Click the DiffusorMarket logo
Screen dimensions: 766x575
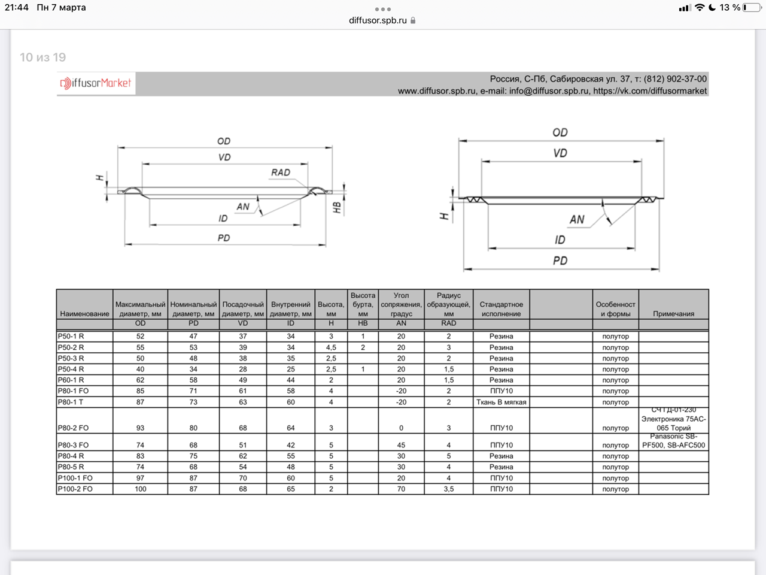click(96, 83)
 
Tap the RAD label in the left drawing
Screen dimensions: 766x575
click(281, 172)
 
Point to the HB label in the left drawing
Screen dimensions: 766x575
click(337, 207)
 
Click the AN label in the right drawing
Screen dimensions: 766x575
click(577, 219)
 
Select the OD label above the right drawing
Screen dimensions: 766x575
click(560, 132)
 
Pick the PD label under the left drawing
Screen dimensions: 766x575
click(224, 238)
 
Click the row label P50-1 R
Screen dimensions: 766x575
click(71, 336)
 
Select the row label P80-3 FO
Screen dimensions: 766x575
click(73, 445)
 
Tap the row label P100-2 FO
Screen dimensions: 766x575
click(75, 489)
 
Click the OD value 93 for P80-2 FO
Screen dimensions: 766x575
click(140, 428)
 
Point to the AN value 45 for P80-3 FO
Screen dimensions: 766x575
click(401, 445)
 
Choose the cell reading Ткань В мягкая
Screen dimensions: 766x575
click(501, 402)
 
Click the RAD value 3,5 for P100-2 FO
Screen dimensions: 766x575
click(448, 489)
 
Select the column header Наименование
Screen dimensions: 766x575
click(84, 313)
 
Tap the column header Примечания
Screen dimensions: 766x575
click(673, 313)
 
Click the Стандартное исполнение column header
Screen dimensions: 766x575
click(501, 309)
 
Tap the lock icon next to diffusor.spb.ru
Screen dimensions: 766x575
click(413, 20)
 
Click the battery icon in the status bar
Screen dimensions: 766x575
click(752, 8)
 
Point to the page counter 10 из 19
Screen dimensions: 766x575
click(42, 57)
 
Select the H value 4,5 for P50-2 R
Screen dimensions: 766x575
click(331, 347)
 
